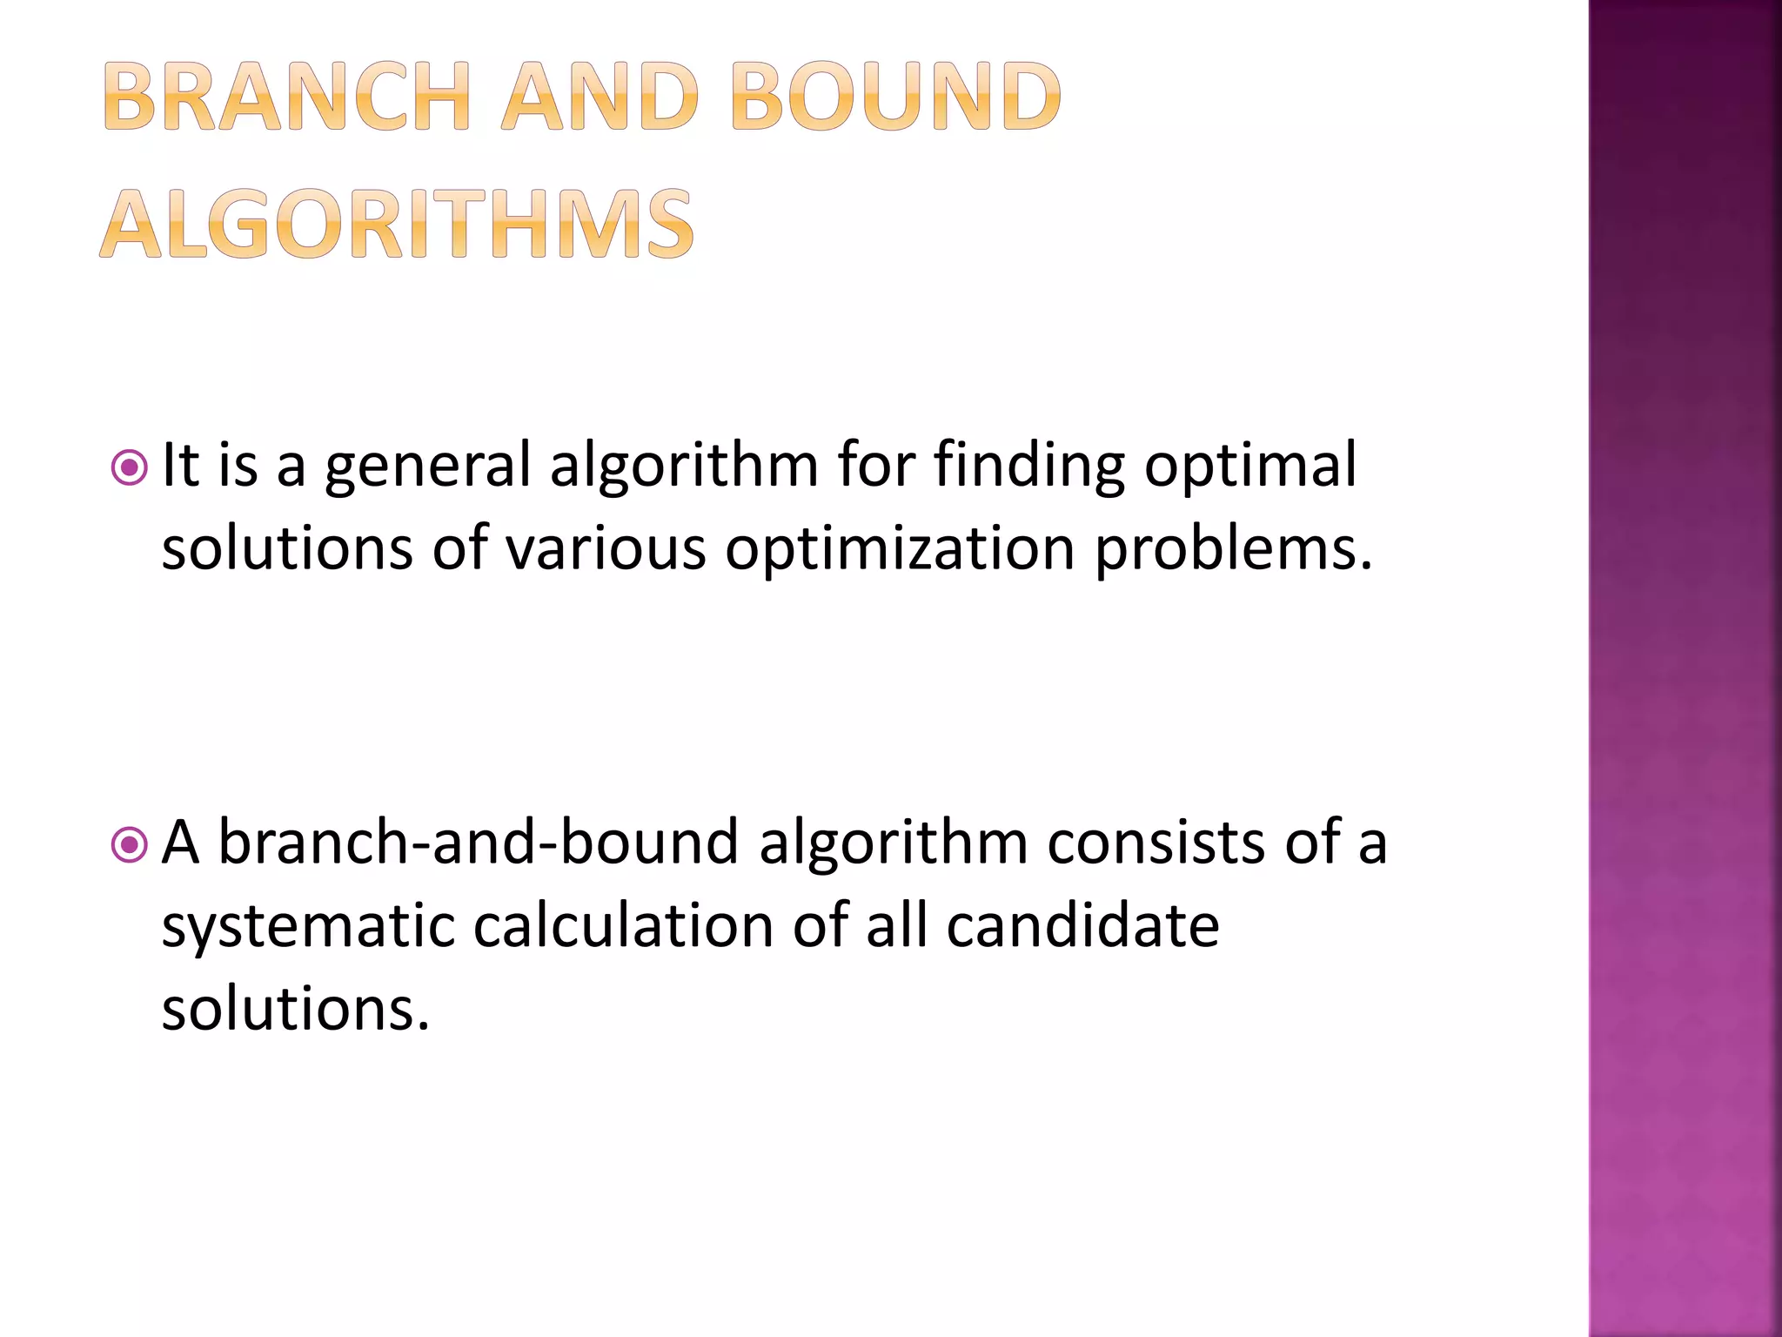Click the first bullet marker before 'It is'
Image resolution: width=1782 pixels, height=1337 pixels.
pos(130,468)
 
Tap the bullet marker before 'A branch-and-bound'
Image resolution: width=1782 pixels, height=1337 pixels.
pos(130,844)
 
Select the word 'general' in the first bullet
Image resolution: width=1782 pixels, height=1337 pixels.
pos(427,467)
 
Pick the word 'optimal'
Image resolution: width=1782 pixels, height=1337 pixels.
pos(1250,467)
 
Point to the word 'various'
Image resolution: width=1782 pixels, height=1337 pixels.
pos(606,548)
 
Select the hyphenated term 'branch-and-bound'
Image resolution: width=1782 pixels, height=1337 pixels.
pos(478,842)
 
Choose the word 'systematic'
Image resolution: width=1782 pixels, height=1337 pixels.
pos(308,926)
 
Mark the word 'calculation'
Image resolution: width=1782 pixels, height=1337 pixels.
pos(623,924)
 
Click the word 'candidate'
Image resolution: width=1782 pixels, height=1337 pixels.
pos(1082,924)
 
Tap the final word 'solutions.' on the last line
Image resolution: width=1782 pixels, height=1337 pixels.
pos(296,1008)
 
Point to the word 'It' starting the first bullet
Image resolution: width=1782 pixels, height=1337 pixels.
pos(181,465)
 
